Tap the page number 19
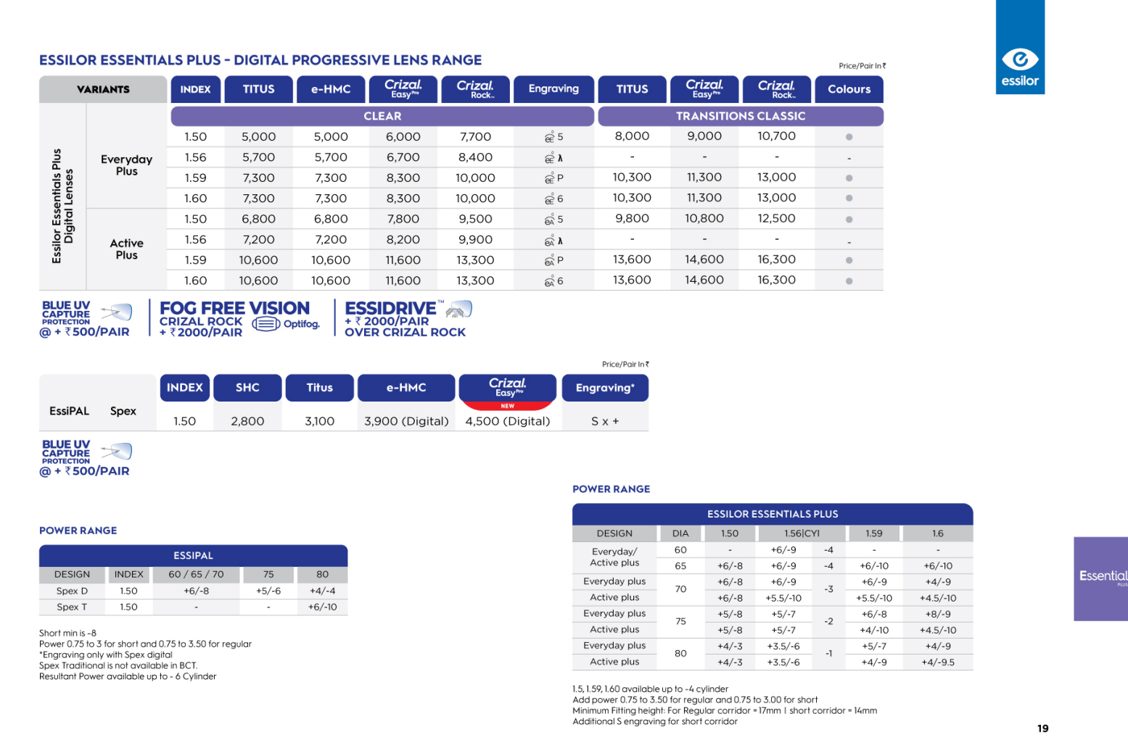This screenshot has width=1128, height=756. pyautogui.click(x=1042, y=728)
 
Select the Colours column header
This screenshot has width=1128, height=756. pyautogui.click(x=849, y=89)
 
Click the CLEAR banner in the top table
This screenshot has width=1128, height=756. pyautogui.click(x=382, y=116)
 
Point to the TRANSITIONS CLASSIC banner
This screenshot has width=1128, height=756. pyautogui.click(x=740, y=116)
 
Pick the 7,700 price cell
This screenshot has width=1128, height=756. pyautogui.click(x=475, y=136)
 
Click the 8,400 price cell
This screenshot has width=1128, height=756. pyautogui.click(x=475, y=157)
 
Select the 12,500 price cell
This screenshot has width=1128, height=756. pyautogui.click(x=776, y=218)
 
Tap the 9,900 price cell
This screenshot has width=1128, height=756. pyautogui.click(x=475, y=239)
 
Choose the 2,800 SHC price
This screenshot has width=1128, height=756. pyautogui.click(x=247, y=421)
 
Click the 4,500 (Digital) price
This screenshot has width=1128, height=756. pyautogui.click(x=507, y=421)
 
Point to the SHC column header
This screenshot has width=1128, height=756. pyautogui.click(x=247, y=388)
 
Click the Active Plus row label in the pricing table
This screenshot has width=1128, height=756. pyautogui.click(x=127, y=249)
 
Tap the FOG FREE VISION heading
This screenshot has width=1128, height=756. pyautogui.click(x=234, y=308)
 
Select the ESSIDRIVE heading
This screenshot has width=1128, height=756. pyautogui.click(x=391, y=308)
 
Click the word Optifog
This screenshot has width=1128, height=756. pyautogui.click(x=301, y=324)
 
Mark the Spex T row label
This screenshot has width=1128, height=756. pyautogui.click(x=72, y=607)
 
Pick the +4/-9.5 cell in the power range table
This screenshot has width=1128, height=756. pyautogui.click(x=938, y=662)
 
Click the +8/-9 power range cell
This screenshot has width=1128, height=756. pyautogui.click(x=938, y=614)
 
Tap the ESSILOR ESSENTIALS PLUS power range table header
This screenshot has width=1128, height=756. pyautogui.click(x=773, y=514)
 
